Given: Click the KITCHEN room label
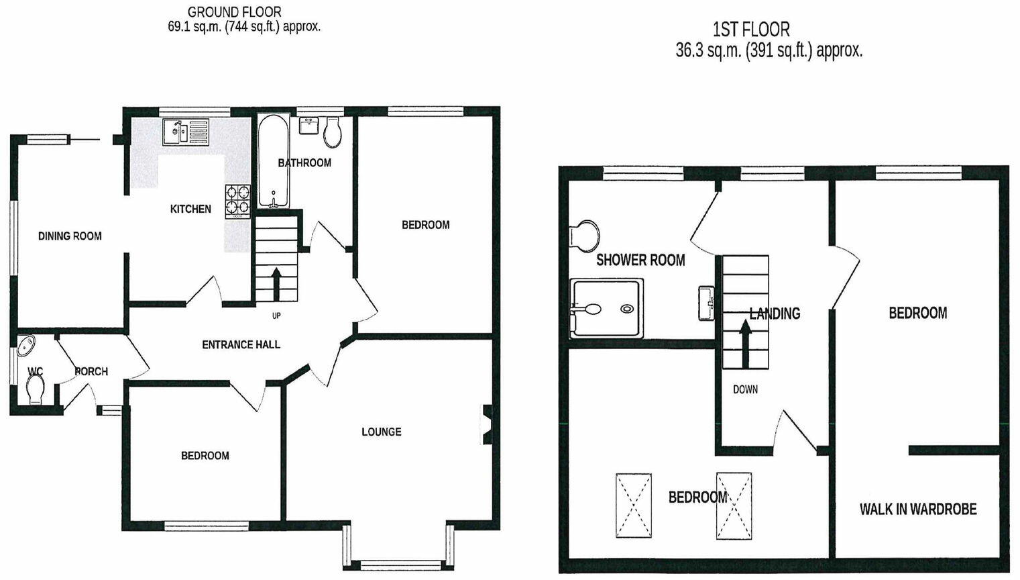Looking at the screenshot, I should click(190, 209).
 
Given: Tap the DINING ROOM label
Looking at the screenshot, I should click(70, 236).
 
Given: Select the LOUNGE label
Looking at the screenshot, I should click(382, 432).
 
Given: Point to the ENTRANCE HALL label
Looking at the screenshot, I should click(241, 345).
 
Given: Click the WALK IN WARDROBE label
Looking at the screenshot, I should click(918, 510).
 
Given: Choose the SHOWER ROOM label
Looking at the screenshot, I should click(640, 260).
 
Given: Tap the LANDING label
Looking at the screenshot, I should click(775, 313).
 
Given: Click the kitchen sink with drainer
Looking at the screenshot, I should click(186, 132).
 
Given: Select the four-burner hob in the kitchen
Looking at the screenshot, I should click(238, 201).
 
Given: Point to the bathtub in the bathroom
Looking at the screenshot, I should click(274, 162).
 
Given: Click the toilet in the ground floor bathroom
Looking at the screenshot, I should click(333, 133).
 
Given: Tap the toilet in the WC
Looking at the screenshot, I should click(35, 389).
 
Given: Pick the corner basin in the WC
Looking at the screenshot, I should click(27, 346).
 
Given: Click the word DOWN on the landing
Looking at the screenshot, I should click(745, 389).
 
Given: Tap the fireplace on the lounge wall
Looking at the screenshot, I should click(487, 425).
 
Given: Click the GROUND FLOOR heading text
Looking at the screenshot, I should click(234, 12).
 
